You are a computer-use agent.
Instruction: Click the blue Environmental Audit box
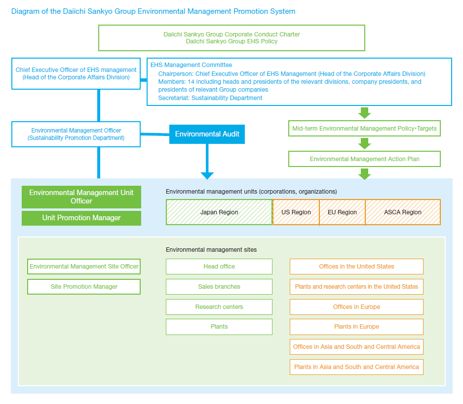tap(207, 134)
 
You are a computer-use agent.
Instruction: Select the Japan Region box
tap(219, 212)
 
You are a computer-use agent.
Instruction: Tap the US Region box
tap(296, 212)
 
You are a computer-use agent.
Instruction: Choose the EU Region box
tap(342, 212)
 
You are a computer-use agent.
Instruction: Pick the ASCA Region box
tap(403, 212)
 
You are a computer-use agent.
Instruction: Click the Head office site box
tap(219, 267)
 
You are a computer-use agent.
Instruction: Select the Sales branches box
tap(219, 287)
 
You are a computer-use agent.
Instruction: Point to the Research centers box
tap(219, 307)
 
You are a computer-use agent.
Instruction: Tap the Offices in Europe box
tap(356, 307)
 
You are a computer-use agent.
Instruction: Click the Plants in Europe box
tap(356, 327)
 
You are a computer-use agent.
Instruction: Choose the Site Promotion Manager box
tap(84, 287)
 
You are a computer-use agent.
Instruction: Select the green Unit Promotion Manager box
tap(81, 218)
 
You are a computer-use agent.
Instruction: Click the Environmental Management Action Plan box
tap(364, 159)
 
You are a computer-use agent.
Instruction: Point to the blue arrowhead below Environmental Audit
tap(207, 175)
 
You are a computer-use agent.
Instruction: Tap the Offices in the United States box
tap(356, 267)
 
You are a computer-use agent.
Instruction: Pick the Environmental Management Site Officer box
tap(84, 267)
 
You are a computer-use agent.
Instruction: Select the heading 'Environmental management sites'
tap(211, 250)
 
